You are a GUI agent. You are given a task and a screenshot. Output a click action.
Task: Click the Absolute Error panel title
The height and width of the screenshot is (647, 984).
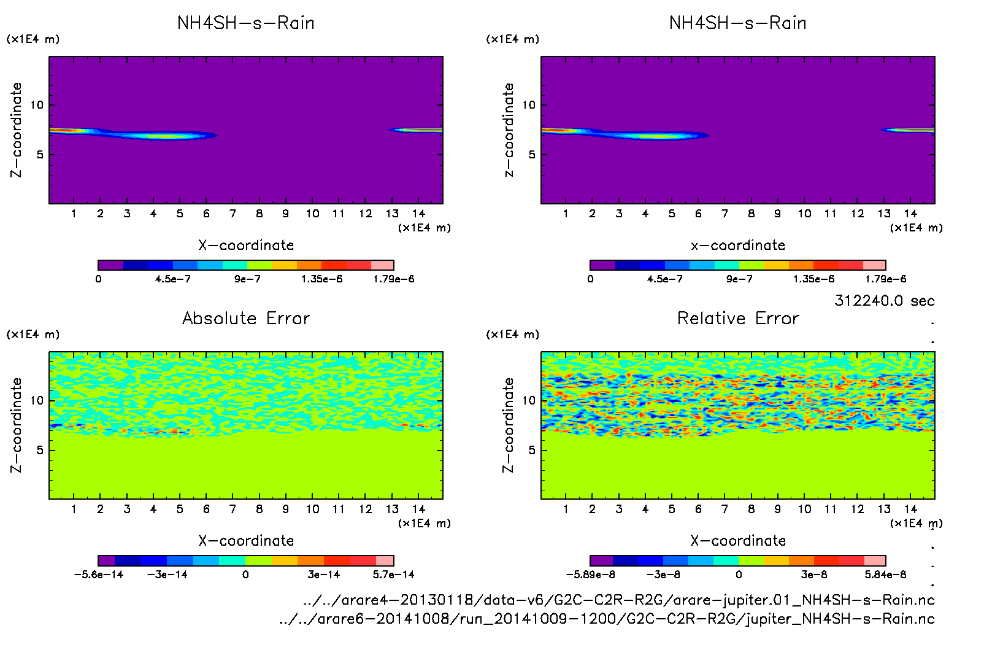(x=246, y=318)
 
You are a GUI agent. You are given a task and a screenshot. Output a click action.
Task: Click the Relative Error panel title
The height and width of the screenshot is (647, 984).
(x=738, y=318)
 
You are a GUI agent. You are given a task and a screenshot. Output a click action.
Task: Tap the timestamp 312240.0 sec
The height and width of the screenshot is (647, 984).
(x=884, y=301)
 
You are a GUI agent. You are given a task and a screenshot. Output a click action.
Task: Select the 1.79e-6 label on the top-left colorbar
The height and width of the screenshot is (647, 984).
(x=393, y=279)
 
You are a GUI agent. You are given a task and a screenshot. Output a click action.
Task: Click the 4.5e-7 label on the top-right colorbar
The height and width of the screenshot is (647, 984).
(x=664, y=279)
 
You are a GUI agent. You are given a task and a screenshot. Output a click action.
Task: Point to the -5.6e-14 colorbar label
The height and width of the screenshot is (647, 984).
(x=98, y=575)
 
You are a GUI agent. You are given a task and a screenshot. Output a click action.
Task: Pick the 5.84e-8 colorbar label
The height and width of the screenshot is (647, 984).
(x=885, y=575)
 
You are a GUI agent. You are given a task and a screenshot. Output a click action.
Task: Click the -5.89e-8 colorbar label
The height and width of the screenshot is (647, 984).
(x=590, y=575)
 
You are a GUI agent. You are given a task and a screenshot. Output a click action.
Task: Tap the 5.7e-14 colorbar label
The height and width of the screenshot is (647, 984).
(x=393, y=575)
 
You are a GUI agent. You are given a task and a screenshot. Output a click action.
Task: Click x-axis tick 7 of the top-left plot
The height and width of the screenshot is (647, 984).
(x=233, y=214)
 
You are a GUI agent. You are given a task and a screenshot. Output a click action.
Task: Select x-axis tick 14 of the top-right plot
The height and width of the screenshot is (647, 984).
(x=910, y=214)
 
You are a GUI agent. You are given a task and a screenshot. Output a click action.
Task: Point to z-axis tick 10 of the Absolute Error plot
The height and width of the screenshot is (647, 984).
(x=37, y=401)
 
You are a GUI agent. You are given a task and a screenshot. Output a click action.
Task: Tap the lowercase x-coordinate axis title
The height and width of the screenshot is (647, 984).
(x=738, y=246)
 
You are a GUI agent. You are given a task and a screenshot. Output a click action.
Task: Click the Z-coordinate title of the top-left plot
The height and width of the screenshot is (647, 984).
(x=16, y=130)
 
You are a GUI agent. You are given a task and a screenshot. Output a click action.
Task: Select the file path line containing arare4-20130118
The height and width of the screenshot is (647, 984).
(x=618, y=600)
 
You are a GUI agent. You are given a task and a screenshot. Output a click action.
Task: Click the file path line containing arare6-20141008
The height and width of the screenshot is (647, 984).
(x=606, y=619)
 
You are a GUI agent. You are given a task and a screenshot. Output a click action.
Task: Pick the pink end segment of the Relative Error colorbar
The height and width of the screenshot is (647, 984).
(x=875, y=560)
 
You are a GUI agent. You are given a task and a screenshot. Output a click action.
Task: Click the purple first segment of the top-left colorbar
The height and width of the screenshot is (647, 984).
(x=110, y=265)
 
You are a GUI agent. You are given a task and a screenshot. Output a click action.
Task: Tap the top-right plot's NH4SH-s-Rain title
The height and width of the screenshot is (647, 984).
(x=738, y=23)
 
